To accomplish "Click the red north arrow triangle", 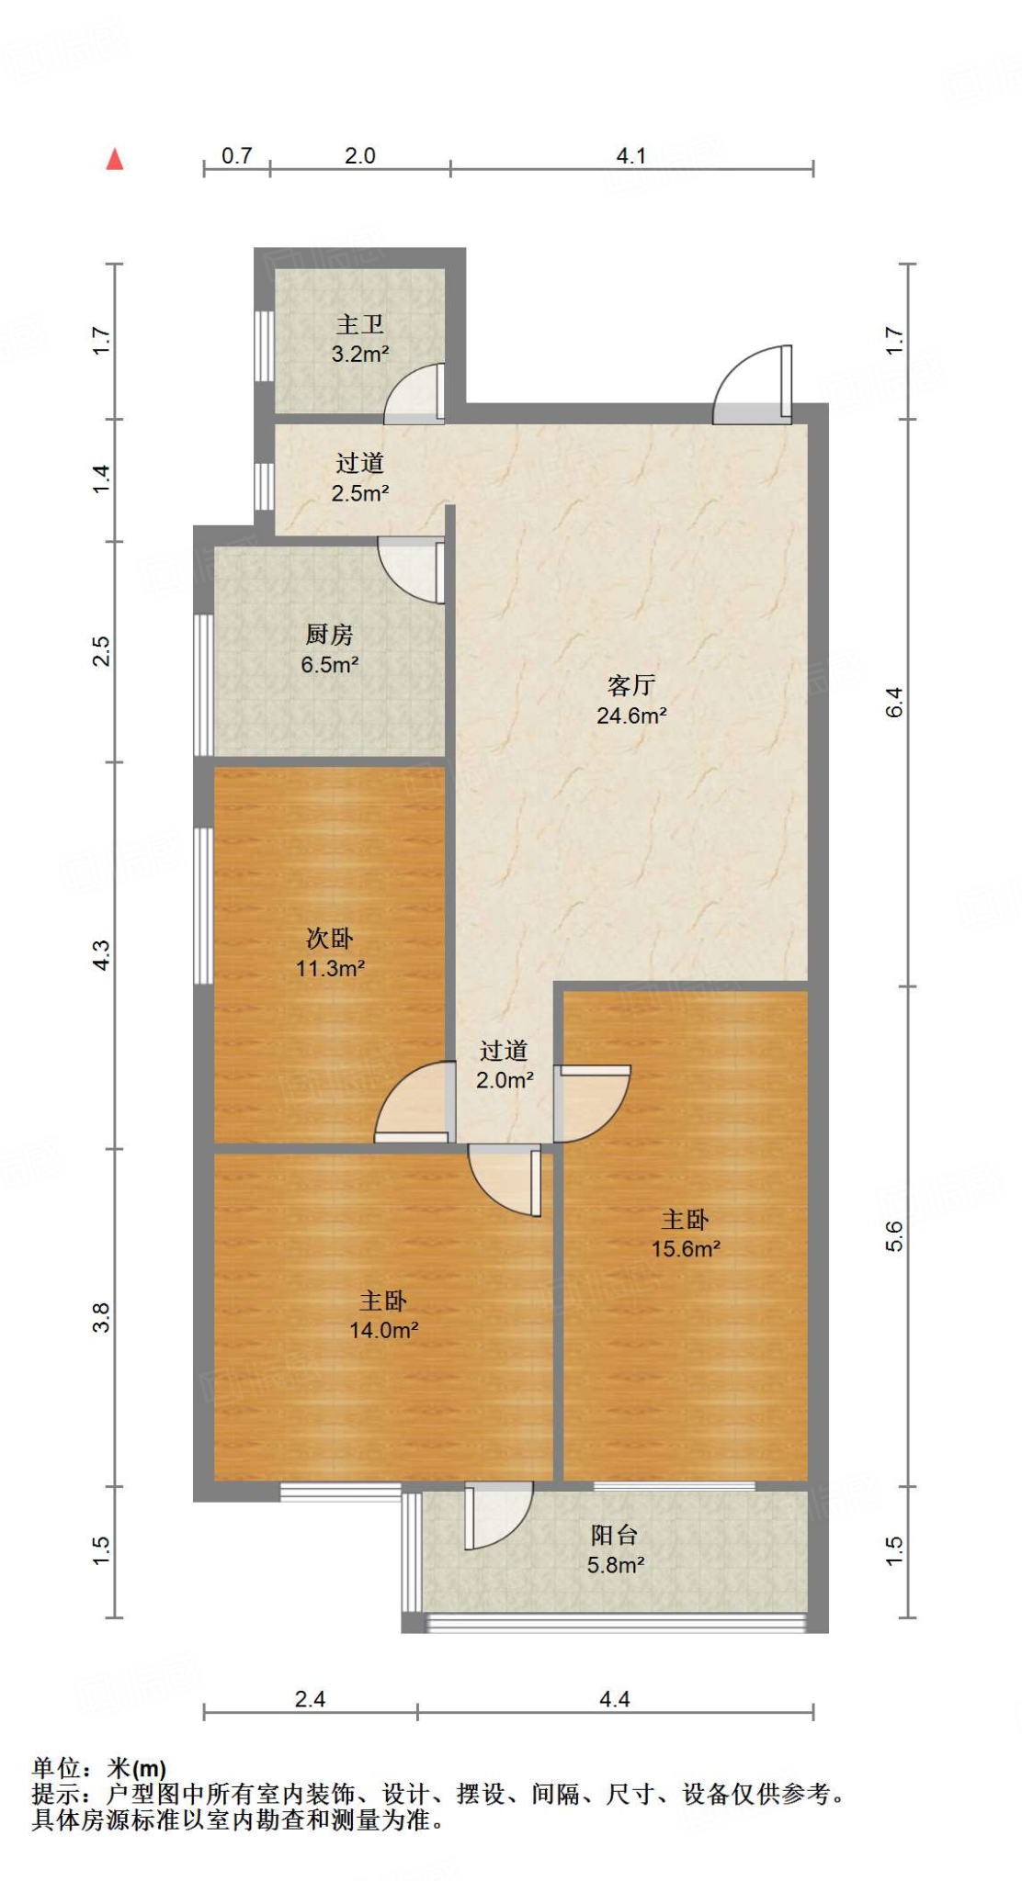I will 115,160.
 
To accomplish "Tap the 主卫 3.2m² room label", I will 359,339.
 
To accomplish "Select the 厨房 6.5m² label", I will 329,649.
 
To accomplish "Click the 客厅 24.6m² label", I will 631,700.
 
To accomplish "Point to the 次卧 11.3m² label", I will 330,952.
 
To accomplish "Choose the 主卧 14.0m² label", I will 383,1314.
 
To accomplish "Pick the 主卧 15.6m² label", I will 686,1233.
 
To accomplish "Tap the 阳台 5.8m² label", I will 615,1549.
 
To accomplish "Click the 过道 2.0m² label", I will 505,1064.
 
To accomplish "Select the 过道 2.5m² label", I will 359,478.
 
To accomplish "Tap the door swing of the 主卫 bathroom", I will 416,395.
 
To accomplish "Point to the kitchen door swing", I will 413,569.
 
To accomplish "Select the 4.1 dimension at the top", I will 630,156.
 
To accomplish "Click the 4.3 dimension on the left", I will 102,954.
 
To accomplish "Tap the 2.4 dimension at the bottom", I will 310,1699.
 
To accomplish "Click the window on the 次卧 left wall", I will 203,906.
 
